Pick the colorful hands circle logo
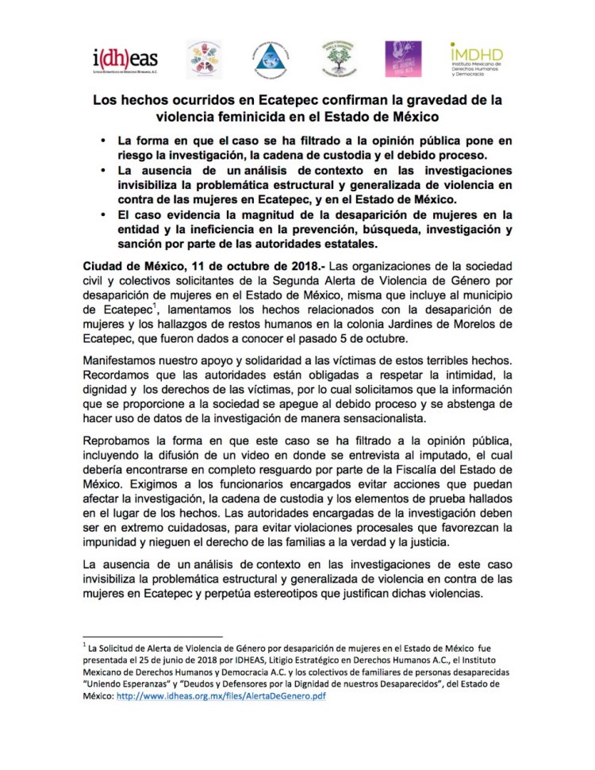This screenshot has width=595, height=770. (x=204, y=58)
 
